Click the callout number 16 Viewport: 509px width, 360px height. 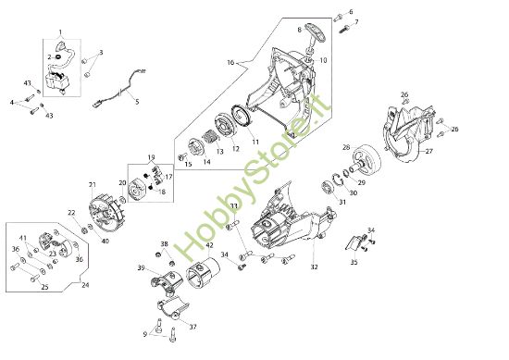tap(231, 62)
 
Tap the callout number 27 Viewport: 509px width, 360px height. tap(429, 150)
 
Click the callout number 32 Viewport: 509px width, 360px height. tap(314, 267)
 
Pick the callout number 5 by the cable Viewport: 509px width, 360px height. tap(136, 102)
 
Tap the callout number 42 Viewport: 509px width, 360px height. tap(209, 245)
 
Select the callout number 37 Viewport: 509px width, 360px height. tap(193, 328)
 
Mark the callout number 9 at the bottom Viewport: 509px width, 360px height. tap(145, 333)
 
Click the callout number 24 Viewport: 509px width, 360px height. tap(86, 285)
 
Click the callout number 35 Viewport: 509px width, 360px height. tap(354, 262)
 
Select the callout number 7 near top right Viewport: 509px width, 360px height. tap(357, 20)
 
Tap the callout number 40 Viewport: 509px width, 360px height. tap(105, 242)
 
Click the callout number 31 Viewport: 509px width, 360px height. tap(342, 203)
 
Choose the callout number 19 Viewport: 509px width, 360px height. tap(151, 157)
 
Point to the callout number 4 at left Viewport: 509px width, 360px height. tap(12, 102)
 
